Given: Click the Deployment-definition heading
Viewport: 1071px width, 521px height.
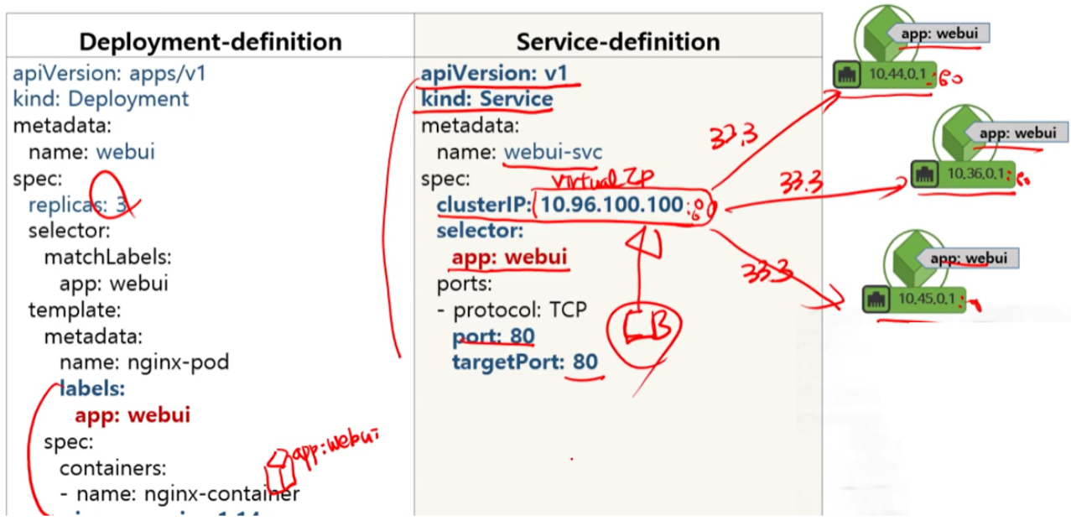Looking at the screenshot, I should [x=210, y=42].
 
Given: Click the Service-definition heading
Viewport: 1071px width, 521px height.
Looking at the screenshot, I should [x=618, y=42].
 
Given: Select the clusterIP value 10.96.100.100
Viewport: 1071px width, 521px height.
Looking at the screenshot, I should [x=611, y=205].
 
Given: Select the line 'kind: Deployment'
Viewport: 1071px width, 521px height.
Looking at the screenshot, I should [x=101, y=99].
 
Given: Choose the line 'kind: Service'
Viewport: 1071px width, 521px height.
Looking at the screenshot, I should [x=486, y=99].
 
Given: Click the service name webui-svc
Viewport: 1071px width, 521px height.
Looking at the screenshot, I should [x=553, y=152].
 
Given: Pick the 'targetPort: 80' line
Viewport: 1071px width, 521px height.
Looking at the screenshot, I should [x=524, y=362].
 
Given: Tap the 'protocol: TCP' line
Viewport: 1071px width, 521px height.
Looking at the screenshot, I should [x=512, y=310].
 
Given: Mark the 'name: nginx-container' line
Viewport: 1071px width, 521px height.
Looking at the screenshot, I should [x=179, y=493].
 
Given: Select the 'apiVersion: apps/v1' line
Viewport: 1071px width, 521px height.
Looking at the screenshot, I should [x=109, y=73].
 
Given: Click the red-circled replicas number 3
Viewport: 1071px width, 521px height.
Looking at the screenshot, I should [x=122, y=205].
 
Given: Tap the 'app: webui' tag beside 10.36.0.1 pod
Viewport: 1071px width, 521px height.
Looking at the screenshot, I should [x=1016, y=133].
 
